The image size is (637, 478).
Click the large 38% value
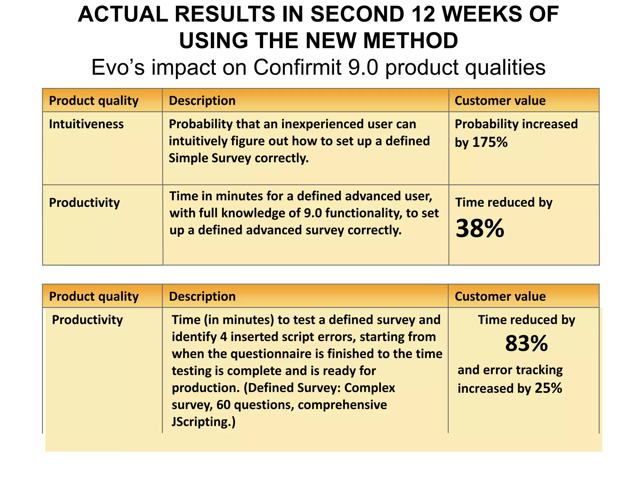pos(480,228)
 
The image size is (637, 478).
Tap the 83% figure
pos(526,344)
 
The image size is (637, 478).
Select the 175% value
pos(490,142)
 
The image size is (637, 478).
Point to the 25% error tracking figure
pos(548,388)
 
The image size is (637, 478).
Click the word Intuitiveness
pos(86,124)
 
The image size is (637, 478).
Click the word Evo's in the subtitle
pos(118,67)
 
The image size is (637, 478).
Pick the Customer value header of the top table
pos(500,101)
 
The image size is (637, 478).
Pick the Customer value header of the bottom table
pos(500,297)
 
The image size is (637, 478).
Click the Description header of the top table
pos(202,101)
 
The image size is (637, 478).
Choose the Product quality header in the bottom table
pos(94,297)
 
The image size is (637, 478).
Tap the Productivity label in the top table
pos(84,203)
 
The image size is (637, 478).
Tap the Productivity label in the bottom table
pos(87,320)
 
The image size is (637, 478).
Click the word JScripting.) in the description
pos(204,422)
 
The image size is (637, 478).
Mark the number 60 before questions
pos(223,405)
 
